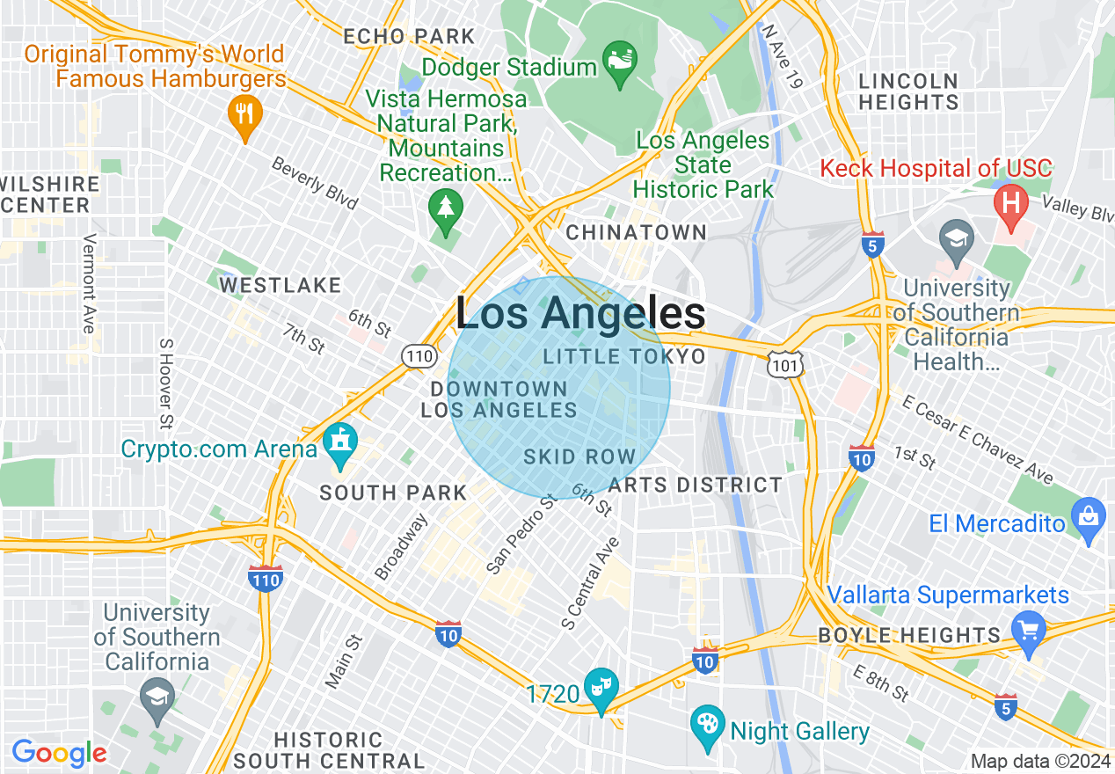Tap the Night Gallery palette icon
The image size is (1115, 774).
(708, 728)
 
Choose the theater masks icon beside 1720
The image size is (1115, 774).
(602, 689)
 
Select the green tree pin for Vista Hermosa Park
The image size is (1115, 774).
(445, 211)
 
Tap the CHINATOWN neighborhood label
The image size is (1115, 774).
(636, 233)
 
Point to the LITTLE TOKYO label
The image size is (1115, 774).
(624, 356)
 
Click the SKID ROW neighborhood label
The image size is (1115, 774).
(579, 456)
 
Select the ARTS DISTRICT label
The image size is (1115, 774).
(695, 486)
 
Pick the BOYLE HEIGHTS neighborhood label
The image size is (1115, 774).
(909, 635)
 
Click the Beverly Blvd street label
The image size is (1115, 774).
(315, 184)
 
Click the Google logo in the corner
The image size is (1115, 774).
(59, 753)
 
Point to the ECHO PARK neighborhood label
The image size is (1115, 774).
(409, 37)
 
